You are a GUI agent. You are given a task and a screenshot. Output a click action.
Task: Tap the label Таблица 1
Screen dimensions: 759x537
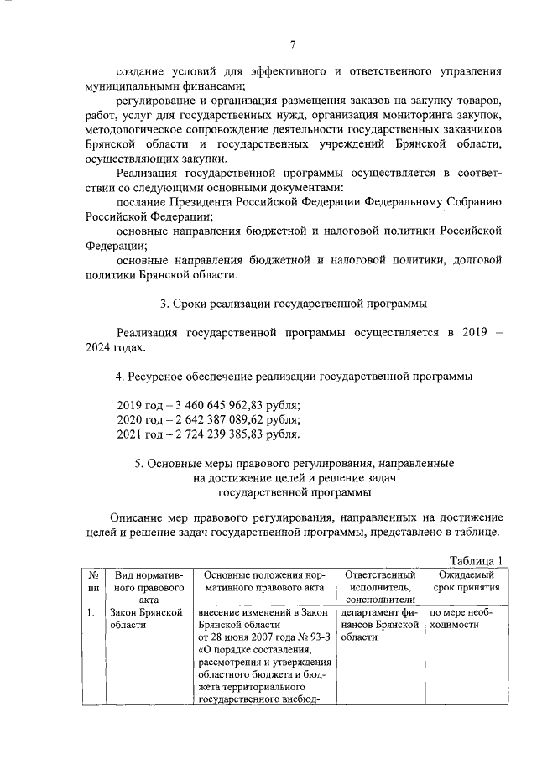[475, 561]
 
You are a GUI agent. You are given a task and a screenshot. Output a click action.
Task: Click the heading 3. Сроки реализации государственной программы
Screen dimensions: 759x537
[293, 302]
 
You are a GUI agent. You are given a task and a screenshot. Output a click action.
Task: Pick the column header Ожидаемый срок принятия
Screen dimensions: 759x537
[467, 581]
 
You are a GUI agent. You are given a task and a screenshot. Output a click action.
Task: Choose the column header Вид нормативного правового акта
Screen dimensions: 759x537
[143, 588]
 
